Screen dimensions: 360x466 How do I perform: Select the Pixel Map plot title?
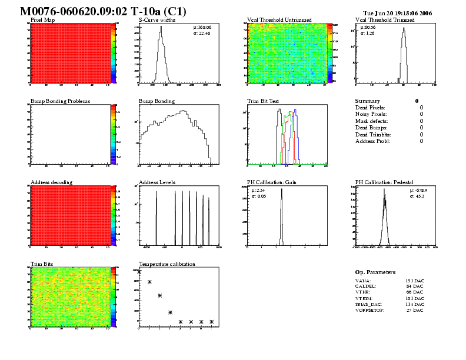(x=42, y=20)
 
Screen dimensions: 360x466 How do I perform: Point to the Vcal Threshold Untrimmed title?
(x=279, y=20)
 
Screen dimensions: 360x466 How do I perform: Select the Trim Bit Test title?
(x=262, y=101)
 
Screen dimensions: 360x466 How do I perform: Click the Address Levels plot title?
(x=157, y=182)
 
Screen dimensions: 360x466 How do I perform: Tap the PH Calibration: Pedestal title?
(x=386, y=182)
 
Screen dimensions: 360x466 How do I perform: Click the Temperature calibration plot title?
(x=167, y=264)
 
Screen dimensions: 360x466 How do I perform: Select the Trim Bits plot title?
(x=41, y=264)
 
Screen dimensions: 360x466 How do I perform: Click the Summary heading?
(x=368, y=101)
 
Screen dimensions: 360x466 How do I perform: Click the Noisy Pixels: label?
(x=371, y=114)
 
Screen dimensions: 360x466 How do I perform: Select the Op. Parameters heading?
(x=375, y=272)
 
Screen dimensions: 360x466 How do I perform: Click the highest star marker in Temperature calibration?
(x=139, y=272)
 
